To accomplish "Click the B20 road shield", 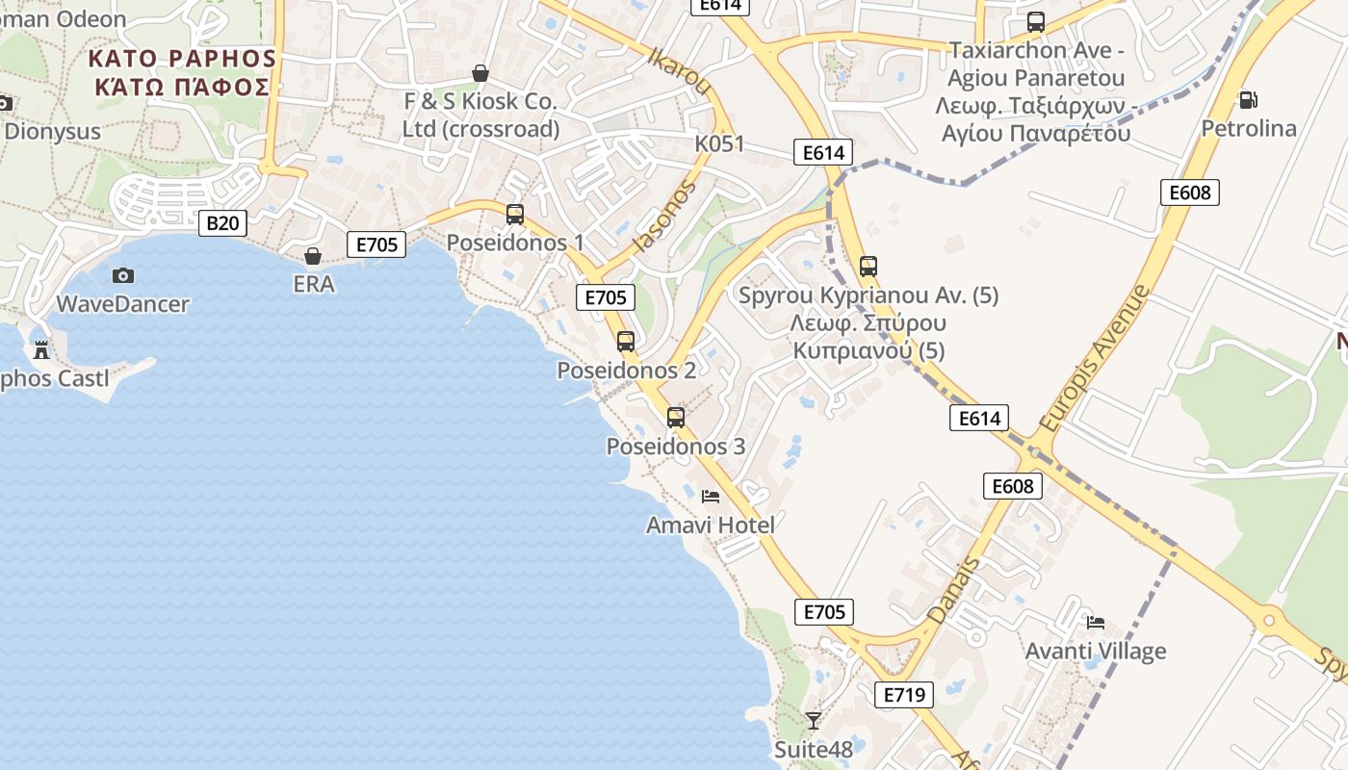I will tap(222, 223).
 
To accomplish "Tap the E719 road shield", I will tap(904, 695).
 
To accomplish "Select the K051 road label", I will tap(720, 143).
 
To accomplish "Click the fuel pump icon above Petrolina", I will tap(1248, 99).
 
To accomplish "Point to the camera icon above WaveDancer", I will tap(123, 275).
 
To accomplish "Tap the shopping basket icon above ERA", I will tap(313, 256).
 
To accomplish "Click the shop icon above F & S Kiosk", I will tap(480, 73).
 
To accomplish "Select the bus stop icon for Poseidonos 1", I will tap(515, 215).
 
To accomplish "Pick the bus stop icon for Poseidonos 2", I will tap(626, 341).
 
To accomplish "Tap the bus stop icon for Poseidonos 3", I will tap(676, 418).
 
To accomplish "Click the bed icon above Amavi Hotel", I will tap(711, 497).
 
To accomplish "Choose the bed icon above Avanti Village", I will tap(1095, 622).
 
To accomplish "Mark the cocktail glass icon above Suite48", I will tap(814, 720).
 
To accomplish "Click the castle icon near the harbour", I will tap(40, 349).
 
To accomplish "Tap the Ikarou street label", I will tap(680, 71).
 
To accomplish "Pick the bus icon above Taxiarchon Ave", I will tap(1036, 21).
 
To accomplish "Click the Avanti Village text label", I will tap(1095, 651).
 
